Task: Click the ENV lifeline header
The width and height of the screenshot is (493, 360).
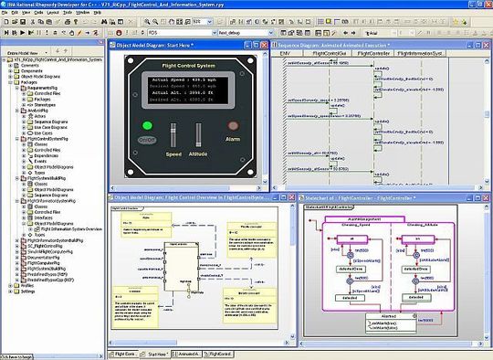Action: [x=288, y=54]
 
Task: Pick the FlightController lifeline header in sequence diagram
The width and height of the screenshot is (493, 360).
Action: [x=373, y=54]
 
